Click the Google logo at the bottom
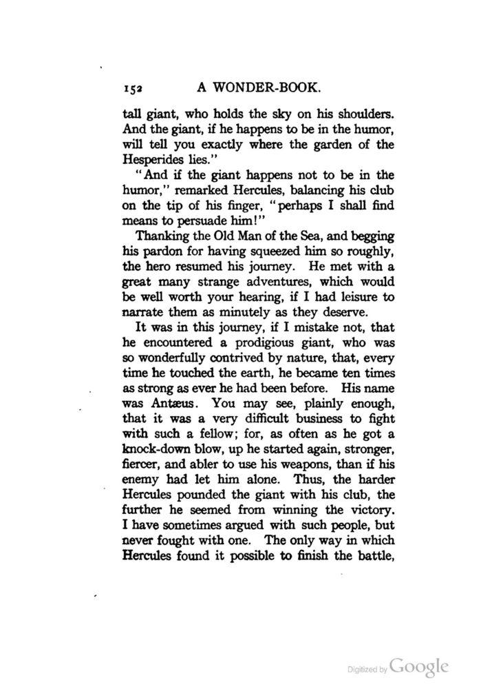[419, 667]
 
